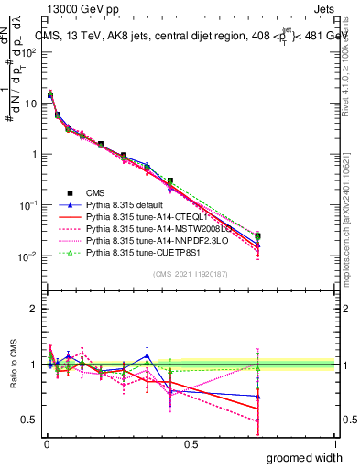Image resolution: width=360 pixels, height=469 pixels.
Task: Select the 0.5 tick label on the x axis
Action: click(x=191, y=443)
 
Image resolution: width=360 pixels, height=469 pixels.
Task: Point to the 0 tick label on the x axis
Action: click(x=46, y=443)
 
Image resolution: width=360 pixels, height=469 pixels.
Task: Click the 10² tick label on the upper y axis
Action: click(x=29, y=51)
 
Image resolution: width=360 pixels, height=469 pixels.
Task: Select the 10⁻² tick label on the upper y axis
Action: click(x=29, y=256)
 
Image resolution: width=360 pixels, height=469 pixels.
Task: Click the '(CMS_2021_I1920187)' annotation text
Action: click(x=191, y=273)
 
